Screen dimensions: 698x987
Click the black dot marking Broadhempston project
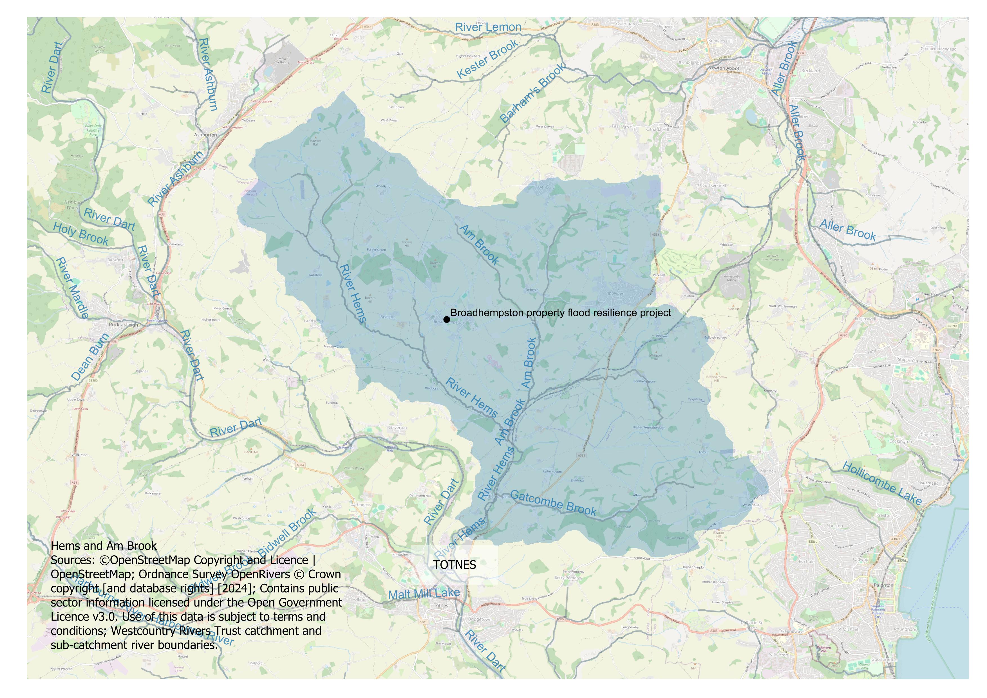(x=447, y=319)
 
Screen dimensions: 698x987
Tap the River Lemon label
(x=488, y=27)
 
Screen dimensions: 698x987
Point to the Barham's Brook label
(x=532, y=93)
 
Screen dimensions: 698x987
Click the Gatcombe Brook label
(x=553, y=503)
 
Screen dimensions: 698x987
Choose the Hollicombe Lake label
(x=882, y=483)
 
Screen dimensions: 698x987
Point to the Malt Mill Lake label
(x=424, y=594)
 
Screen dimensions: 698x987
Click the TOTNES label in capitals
(x=455, y=565)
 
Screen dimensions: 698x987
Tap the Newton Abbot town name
(x=724, y=68)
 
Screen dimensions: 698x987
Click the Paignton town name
(x=883, y=585)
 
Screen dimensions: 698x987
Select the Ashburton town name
(x=205, y=135)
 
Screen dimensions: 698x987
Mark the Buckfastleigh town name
(x=123, y=325)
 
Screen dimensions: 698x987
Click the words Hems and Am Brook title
(x=104, y=546)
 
